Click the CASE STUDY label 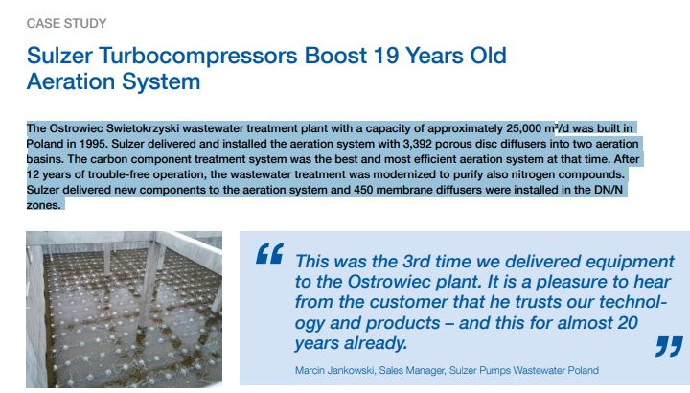click(x=66, y=23)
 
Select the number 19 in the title click(x=386, y=56)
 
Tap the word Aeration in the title click(x=71, y=81)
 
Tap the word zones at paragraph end click(x=42, y=205)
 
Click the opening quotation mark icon click(x=269, y=253)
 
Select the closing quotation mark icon click(x=669, y=346)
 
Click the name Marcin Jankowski click(x=334, y=370)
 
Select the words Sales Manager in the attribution click(x=411, y=370)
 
